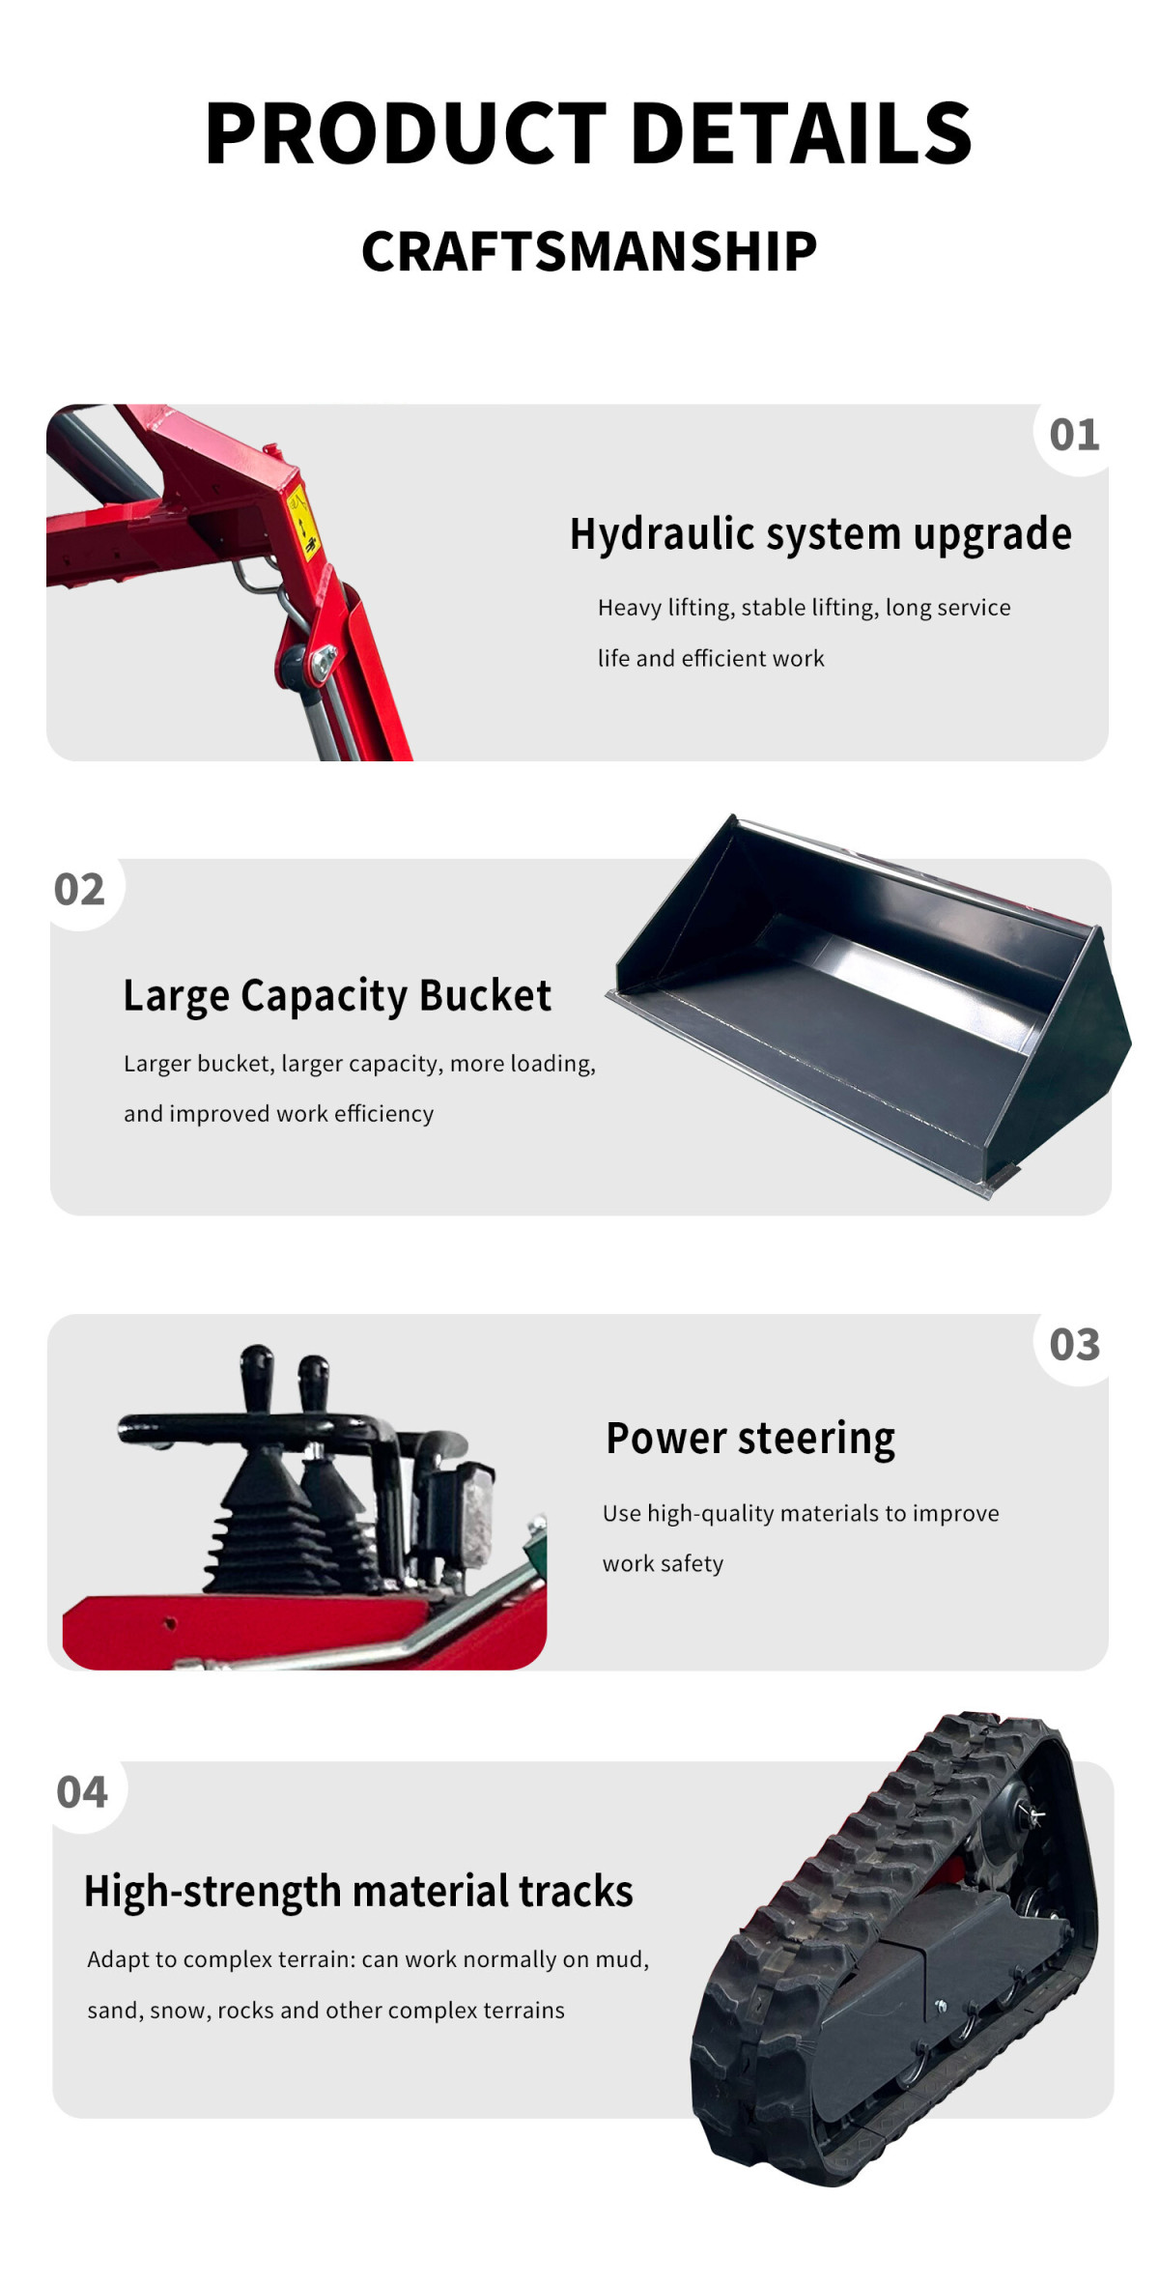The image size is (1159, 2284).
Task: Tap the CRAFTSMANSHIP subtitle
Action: point(589,251)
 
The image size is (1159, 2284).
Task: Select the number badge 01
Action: point(1074,435)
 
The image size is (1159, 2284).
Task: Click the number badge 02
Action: point(79,889)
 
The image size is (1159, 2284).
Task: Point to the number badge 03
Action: point(1074,1344)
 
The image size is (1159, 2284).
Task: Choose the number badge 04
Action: point(82,1792)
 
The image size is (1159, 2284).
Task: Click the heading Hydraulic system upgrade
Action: point(821,534)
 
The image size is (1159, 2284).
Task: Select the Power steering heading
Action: point(750,1439)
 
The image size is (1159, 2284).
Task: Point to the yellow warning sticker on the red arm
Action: point(301,522)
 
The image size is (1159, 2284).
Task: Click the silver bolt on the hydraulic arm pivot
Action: point(323,662)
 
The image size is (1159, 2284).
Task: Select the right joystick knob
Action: point(313,1373)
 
